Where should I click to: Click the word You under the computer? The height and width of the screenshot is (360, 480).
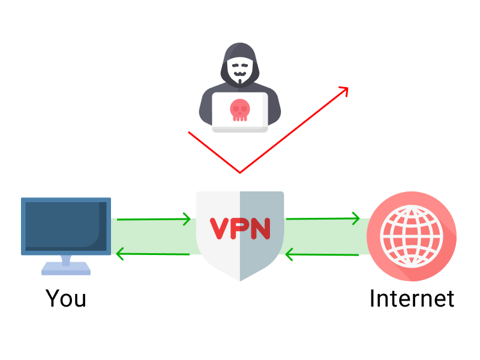(66, 298)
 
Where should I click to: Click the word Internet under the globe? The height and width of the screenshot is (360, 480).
(412, 298)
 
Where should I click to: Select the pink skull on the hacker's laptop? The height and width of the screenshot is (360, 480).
(239, 110)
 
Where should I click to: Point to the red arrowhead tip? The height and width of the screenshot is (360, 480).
(347, 87)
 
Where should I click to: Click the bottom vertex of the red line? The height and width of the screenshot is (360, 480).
(240, 173)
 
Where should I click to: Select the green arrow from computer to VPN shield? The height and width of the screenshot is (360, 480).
(154, 220)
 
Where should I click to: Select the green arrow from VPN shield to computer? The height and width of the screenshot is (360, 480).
(154, 254)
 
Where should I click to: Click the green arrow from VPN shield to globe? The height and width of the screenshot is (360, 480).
(323, 218)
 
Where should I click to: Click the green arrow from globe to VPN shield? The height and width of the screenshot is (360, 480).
(323, 255)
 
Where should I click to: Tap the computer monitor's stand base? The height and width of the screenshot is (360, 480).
(66, 271)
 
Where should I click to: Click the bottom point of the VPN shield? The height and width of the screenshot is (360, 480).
(240, 280)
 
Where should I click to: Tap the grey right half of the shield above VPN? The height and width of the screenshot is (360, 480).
(261, 204)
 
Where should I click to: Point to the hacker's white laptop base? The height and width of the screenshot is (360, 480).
(239, 128)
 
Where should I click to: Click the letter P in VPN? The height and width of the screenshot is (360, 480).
(239, 228)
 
